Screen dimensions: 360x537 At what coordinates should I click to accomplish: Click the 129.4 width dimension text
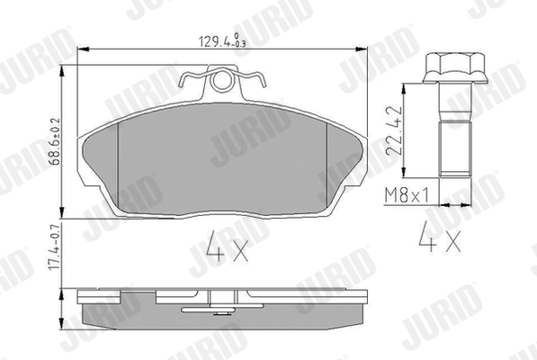[x=212, y=40]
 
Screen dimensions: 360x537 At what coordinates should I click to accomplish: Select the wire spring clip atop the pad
[x=220, y=83]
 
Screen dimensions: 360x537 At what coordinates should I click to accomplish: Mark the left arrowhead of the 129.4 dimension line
[x=83, y=48]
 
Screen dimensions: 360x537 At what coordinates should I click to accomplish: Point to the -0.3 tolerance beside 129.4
[x=237, y=43]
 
